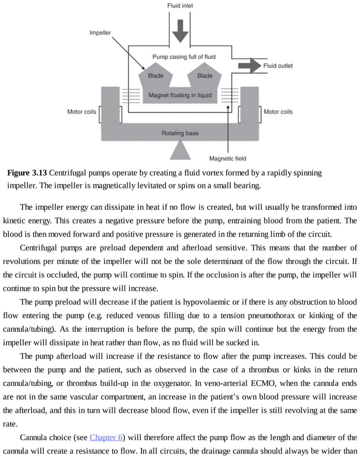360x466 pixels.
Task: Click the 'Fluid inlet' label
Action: [x=180, y=6]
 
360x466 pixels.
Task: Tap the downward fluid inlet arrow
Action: [x=180, y=31]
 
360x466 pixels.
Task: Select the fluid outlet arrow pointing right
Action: [x=249, y=66]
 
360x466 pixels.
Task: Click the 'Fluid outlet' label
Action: [x=278, y=66]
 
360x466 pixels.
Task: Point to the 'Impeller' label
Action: [x=100, y=33]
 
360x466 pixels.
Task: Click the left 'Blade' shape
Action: [x=156, y=76]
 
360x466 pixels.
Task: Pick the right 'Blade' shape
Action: [x=205, y=76]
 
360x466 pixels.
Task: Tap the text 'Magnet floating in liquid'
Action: [x=180, y=95]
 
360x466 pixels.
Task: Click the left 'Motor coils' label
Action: [x=82, y=112]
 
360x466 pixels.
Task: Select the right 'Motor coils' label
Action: [x=278, y=112]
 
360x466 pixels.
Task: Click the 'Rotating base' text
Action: [x=180, y=133]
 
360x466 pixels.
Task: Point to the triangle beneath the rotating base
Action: [x=180, y=150]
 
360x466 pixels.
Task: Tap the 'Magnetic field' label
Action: [x=227, y=159]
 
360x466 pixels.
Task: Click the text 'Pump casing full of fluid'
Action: [x=184, y=57]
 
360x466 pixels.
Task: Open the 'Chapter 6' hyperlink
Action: [x=106, y=437]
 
